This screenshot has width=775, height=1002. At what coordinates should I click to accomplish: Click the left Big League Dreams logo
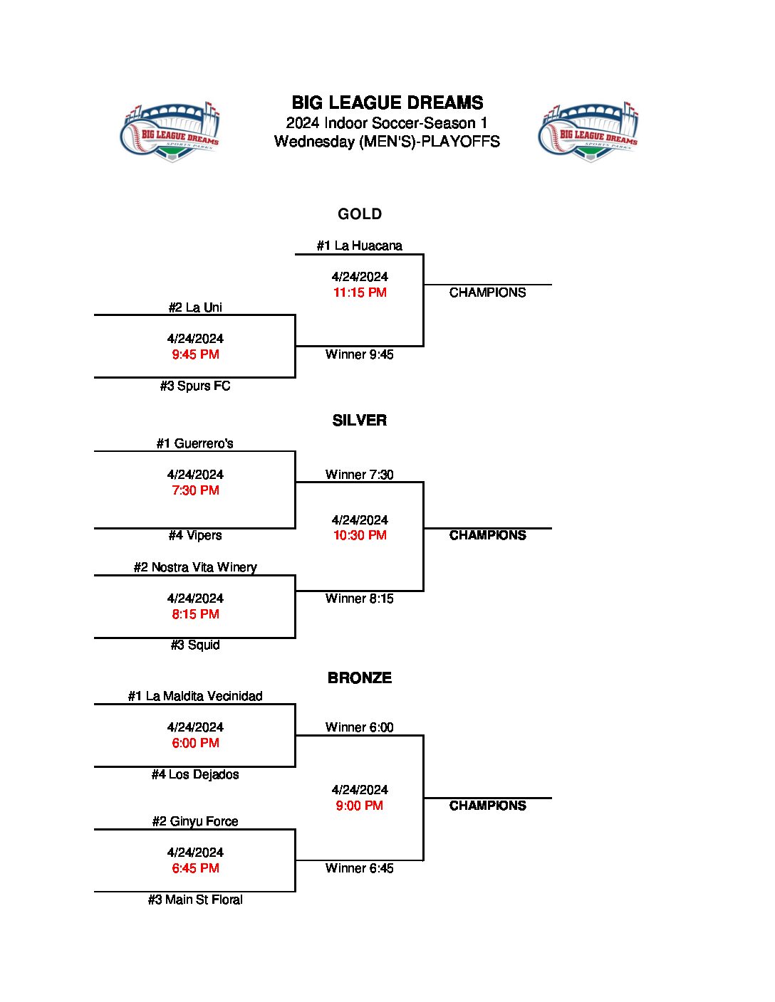pyautogui.click(x=171, y=132)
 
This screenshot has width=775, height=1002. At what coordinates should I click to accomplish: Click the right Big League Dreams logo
pyautogui.click(x=588, y=132)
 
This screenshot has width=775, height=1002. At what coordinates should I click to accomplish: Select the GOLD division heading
pyautogui.click(x=360, y=214)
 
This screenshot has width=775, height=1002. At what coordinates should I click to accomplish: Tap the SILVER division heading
pyautogui.click(x=360, y=421)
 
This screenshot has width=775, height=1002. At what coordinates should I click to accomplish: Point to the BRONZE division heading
pyautogui.click(x=360, y=678)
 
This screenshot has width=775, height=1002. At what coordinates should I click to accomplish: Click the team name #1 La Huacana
pyautogui.click(x=360, y=246)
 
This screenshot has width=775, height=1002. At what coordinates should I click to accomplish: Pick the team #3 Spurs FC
pyautogui.click(x=195, y=386)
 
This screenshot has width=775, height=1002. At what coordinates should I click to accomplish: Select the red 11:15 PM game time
pyautogui.click(x=360, y=292)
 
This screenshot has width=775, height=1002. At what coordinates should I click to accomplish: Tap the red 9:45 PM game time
pyautogui.click(x=195, y=354)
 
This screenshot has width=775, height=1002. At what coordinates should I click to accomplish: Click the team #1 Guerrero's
pyautogui.click(x=195, y=444)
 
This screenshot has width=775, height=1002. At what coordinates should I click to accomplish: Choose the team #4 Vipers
pyautogui.click(x=195, y=536)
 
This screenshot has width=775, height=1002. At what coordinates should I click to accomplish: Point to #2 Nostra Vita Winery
pyautogui.click(x=195, y=568)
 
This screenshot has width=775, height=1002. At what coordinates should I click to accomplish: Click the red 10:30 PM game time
pyautogui.click(x=360, y=535)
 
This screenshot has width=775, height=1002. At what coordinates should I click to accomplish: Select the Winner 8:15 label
pyautogui.click(x=360, y=598)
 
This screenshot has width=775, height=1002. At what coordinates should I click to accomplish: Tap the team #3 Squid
pyautogui.click(x=195, y=645)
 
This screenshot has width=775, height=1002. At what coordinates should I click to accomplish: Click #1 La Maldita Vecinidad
pyautogui.click(x=195, y=697)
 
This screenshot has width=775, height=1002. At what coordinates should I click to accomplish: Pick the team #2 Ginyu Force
pyautogui.click(x=195, y=822)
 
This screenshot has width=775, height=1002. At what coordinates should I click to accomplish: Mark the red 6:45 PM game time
pyautogui.click(x=195, y=868)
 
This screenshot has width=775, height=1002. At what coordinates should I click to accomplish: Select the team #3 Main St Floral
pyautogui.click(x=195, y=900)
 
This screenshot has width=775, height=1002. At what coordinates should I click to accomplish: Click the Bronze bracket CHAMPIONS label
pyautogui.click(x=488, y=806)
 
